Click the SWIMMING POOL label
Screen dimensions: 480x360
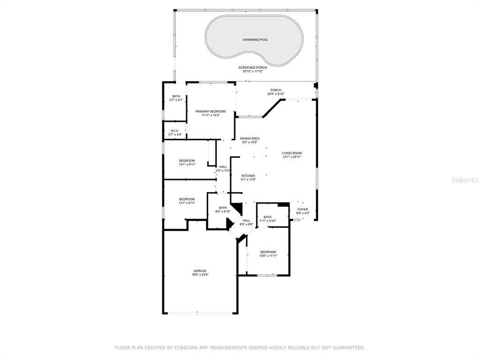coord(255,40)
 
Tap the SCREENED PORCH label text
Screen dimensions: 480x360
coord(253,67)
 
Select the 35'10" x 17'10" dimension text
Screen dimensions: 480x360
coord(253,71)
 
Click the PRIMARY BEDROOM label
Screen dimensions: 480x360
coord(210,112)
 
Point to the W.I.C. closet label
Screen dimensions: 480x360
coord(175,131)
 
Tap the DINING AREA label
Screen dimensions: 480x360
coord(250,138)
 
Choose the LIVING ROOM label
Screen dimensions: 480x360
coord(292,153)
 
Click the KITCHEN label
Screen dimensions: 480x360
coord(248,176)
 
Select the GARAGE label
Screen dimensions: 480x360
coord(200,270)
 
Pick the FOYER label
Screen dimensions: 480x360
coord(303,210)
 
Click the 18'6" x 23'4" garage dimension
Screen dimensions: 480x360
coord(200,275)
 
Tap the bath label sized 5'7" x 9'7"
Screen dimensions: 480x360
coord(176,96)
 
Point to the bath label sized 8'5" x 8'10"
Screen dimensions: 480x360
coord(223,208)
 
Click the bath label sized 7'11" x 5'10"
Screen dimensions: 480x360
coord(268,217)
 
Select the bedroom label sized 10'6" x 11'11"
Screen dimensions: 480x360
coord(268,252)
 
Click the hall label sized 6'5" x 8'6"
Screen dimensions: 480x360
coord(247,220)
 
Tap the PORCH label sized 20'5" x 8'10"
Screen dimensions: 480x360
coord(276,90)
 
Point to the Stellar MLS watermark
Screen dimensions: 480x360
coord(465,180)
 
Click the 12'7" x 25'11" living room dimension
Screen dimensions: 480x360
coord(292,157)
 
